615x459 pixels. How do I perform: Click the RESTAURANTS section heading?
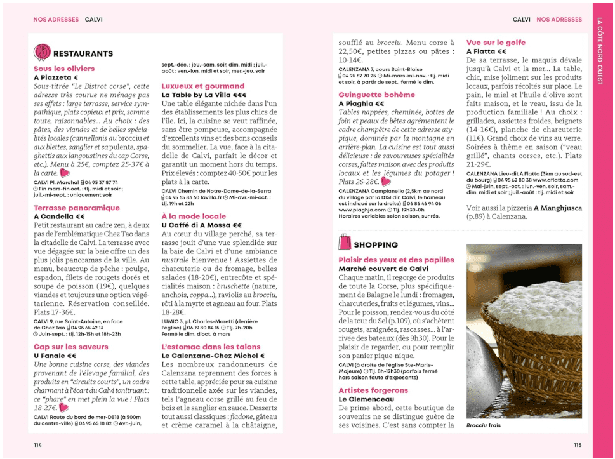[83, 53]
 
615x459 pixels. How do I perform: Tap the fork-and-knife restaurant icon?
[42, 52]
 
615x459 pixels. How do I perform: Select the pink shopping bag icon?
[345, 244]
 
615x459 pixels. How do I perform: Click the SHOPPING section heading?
[376, 244]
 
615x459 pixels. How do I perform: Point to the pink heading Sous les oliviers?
[64, 69]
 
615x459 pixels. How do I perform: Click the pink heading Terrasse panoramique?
[76, 208]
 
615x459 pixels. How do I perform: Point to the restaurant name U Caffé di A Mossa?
[201, 225]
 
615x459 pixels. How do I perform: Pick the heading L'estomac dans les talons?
[211, 347]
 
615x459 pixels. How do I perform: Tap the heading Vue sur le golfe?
[496, 43]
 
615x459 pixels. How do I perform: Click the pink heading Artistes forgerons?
[373, 390]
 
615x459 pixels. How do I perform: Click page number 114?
[37, 445]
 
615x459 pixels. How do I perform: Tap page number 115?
[577, 445]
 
